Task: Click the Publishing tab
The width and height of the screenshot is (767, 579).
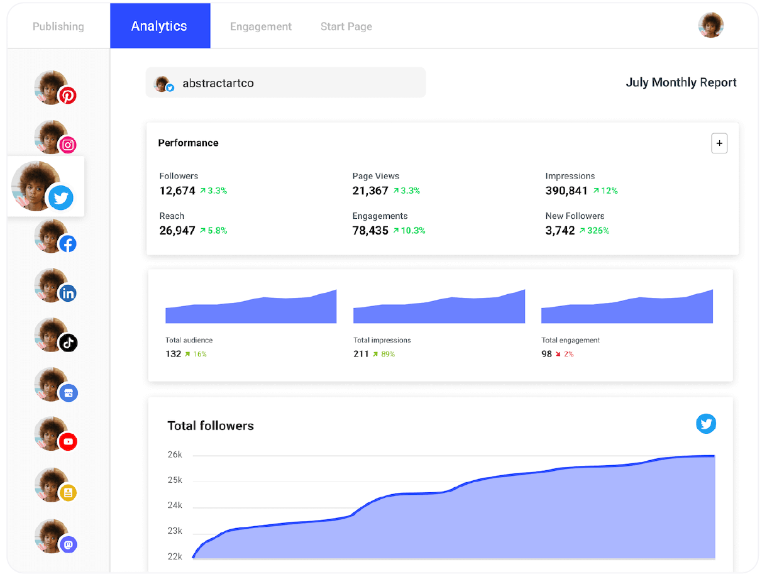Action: pos(58,26)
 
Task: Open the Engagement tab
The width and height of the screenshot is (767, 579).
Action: pos(261,26)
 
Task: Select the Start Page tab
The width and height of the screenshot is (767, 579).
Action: pos(346,26)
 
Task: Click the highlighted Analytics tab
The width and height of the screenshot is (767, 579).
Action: pos(160,26)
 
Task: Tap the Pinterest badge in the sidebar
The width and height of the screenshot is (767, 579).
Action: pos(68,96)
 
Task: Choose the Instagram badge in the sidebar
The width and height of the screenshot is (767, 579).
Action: pos(68,145)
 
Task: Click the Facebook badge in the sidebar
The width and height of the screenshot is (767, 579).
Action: pos(68,244)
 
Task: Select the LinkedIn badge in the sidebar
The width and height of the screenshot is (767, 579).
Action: pos(68,293)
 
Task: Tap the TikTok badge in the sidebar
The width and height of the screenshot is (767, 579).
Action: pos(68,343)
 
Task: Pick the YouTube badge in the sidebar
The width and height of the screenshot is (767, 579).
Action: pos(68,442)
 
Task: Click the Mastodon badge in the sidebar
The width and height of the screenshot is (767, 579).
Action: pos(68,544)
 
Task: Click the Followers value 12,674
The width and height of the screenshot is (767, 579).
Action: pos(177,190)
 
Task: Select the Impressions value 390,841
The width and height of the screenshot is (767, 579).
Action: pos(566,190)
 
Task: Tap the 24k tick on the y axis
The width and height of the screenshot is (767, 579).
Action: pos(175,505)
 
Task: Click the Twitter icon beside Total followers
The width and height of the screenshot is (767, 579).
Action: pos(706,424)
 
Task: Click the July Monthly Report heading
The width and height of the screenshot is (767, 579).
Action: pos(681,82)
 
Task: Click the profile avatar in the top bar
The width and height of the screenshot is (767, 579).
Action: pos(711,25)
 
